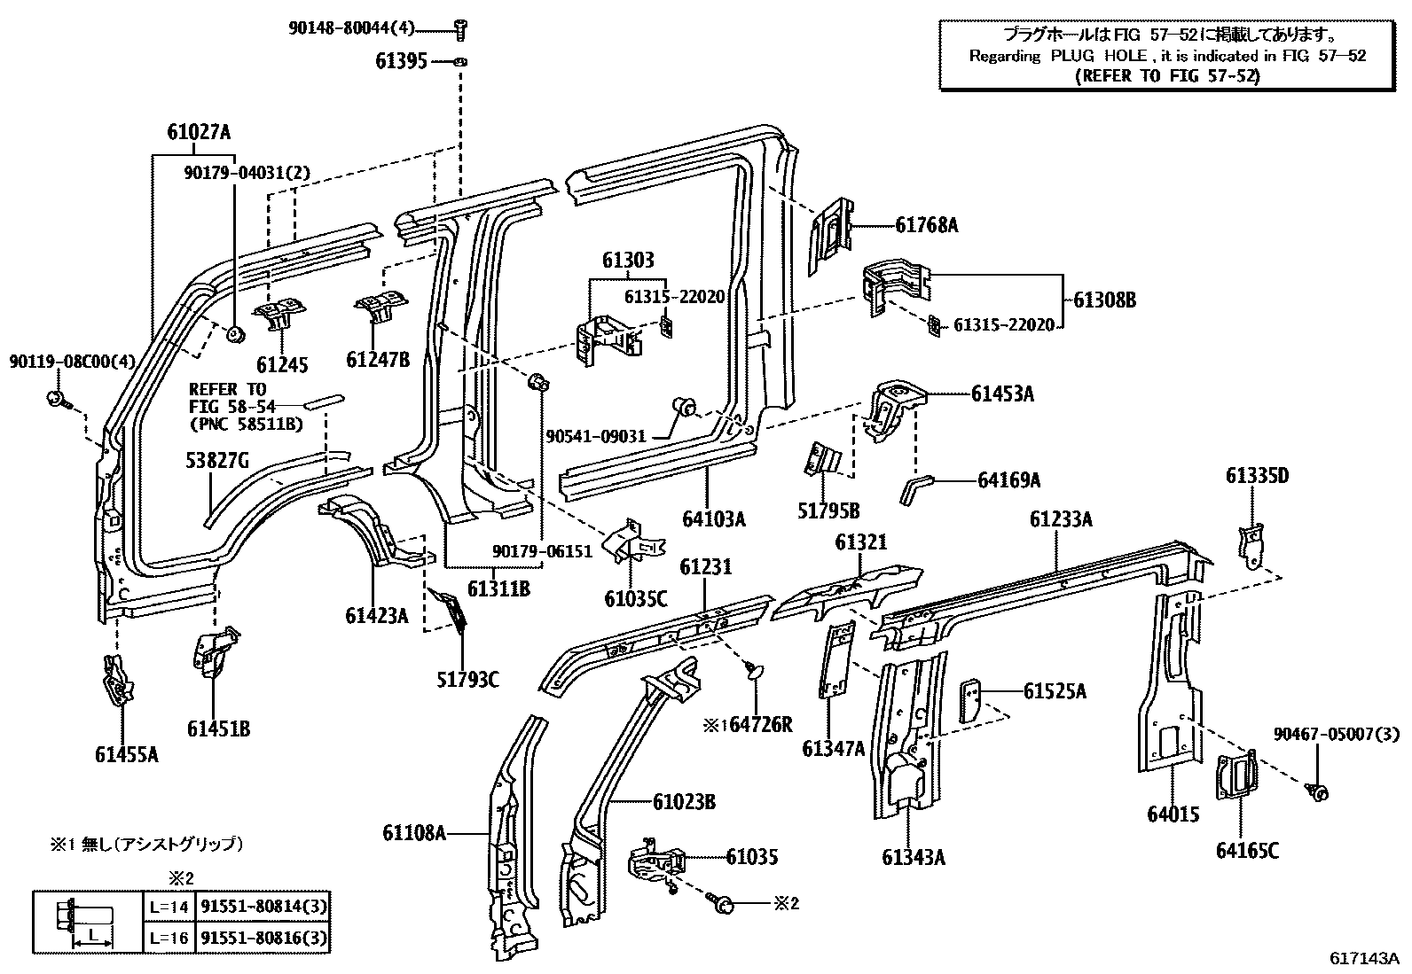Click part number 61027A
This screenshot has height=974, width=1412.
coord(199,133)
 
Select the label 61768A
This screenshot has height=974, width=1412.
coord(926,225)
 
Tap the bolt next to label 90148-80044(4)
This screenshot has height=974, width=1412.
coord(461,29)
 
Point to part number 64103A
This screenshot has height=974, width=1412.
coord(714,518)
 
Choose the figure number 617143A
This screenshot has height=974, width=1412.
coord(1363,959)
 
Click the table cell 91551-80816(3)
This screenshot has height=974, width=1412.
coord(263,937)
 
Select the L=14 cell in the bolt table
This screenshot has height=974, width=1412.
coord(169,907)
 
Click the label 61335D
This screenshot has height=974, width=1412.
coord(1257,476)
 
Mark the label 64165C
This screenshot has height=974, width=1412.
coord(1247,851)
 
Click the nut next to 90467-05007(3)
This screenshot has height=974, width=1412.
coord(1318,791)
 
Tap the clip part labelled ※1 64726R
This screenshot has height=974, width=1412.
coord(753,671)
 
